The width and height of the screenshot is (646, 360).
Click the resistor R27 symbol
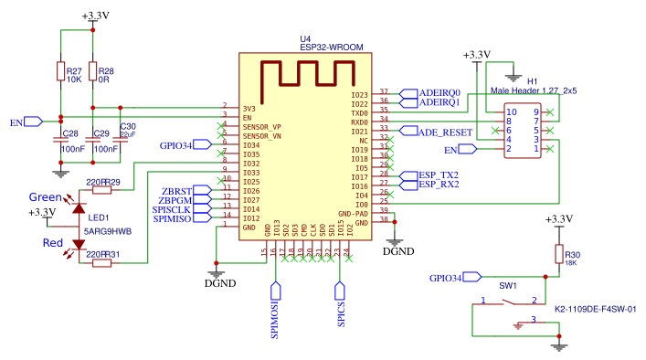[x=60, y=73]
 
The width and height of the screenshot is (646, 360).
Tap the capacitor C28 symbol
[x=60, y=142]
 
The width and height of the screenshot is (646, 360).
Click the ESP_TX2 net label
[x=438, y=175]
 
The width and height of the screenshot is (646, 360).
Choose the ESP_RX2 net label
[x=438, y=185]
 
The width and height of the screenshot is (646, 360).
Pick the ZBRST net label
[x=174, y=190]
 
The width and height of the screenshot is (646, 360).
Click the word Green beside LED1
[x=45, y=197]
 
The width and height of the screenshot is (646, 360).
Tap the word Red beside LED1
[x=54, y=243]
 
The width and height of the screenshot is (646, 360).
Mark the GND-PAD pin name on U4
[x=352, y=213]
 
